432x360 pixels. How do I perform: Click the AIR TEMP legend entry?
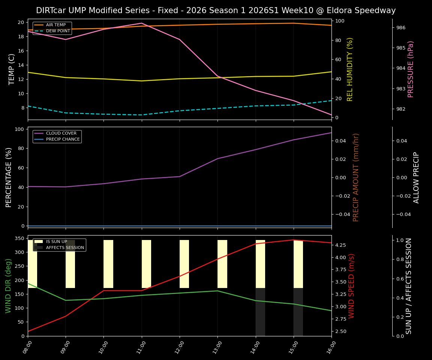[x=55, y=25]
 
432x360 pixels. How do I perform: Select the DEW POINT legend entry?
[x=58, y=31]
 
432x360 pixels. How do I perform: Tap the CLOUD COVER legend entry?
[x=61, y=133]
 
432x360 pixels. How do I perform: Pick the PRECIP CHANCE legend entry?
[x=63, y=139]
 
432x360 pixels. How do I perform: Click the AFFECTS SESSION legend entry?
[x=65, y=247]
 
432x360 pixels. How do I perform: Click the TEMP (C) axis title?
[x=12, y=69]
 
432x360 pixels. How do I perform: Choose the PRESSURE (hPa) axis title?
[x=411, y=69]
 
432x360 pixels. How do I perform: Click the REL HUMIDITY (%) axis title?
[x=350, y=69]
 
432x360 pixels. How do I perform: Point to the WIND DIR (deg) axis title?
[x=8, y=286]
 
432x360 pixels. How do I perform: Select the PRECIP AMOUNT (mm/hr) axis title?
[x=356, y=177]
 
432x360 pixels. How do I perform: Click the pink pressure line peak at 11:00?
[x=142, y=23]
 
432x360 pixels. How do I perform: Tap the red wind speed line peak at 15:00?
[x=294, y=240]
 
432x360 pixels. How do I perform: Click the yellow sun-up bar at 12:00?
[x=184, y=264]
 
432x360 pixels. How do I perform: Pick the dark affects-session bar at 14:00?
[x=260, y=312]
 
